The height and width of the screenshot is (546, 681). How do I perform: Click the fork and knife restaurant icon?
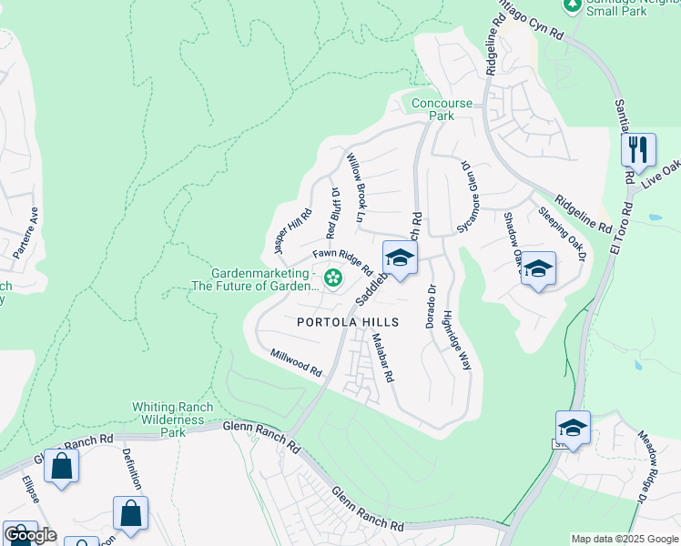tap(638, 149)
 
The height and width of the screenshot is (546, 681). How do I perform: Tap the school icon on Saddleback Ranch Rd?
tap(400, 259)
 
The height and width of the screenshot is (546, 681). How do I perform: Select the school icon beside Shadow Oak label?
tap(538, 269)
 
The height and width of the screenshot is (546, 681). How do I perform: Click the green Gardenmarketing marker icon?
tap(333, 277)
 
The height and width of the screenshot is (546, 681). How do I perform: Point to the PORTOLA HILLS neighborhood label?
tap(348, 323)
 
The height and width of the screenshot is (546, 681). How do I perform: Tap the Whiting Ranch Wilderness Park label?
tap(173, 420)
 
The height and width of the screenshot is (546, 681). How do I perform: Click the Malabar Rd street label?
tap(381, 357)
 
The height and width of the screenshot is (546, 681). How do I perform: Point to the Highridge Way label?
tap(457, 339)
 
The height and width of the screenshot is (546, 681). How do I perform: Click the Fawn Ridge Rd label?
tap(343, 263)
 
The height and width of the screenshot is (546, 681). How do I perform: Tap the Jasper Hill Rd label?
tap(293, 231)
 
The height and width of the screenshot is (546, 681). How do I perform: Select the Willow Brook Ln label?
tap(355, 188)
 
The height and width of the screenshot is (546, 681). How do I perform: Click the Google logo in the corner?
tap(30, 536)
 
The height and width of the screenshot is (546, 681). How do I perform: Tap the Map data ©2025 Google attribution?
tap(625, 539)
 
